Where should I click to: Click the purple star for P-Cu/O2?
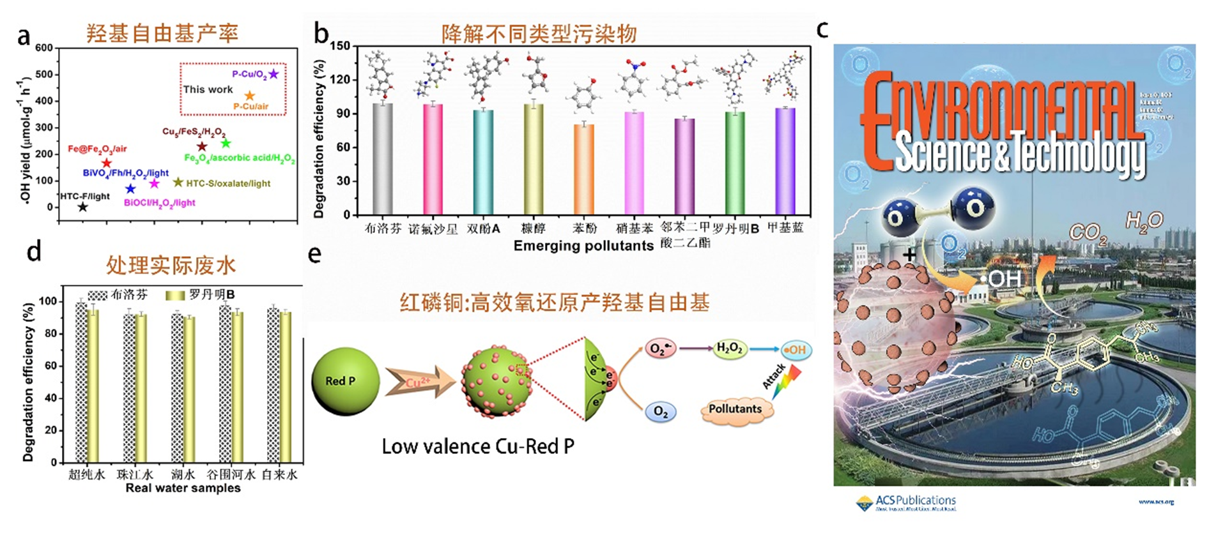(273, 74)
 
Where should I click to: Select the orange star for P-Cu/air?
(250, 96)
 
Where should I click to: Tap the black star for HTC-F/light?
(82, 207)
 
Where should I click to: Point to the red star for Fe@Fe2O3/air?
(106, 163)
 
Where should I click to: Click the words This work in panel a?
(208, 89)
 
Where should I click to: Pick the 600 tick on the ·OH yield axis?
(44, 48)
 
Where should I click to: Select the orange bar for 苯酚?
(583, 169)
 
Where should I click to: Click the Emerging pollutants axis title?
(583, 246)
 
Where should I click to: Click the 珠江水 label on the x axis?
(135, 475)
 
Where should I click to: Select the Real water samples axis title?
(183, 488)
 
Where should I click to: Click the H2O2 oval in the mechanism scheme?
(729, 349)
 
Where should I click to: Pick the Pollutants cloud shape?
(735, 409)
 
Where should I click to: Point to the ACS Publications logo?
(906, 503)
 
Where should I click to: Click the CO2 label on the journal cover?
(1087, 232)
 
